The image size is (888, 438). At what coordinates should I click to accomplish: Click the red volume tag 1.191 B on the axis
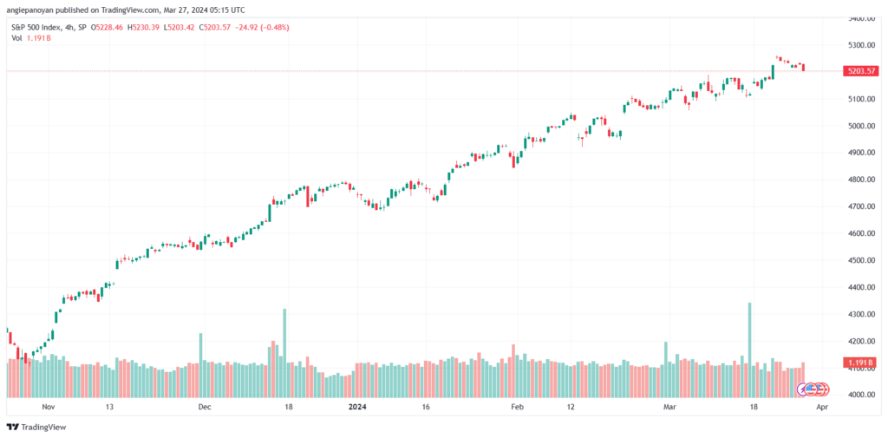(x=859, y=363)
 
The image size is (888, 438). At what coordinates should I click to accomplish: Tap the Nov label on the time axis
(x=49, y=407)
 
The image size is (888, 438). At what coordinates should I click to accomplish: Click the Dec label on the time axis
(x=205, y=407)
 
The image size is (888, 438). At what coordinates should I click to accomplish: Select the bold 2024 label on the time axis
(x=357, y=407)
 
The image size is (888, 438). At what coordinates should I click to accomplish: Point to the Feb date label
(x=516, y=407)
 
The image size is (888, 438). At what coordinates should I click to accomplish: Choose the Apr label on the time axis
(x=823, y=407)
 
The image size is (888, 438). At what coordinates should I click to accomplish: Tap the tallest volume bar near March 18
(x=750, y=350)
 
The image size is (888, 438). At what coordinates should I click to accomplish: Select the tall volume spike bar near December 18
(x=284, y=352)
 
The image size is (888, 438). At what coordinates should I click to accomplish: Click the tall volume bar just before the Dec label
(x=200, y=365)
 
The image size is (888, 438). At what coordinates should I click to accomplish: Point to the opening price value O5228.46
(x=110, y=27)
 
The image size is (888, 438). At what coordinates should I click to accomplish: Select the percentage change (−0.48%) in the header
(x=274, y=27)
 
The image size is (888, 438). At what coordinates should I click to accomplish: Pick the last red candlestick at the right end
(x=803, y=68)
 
